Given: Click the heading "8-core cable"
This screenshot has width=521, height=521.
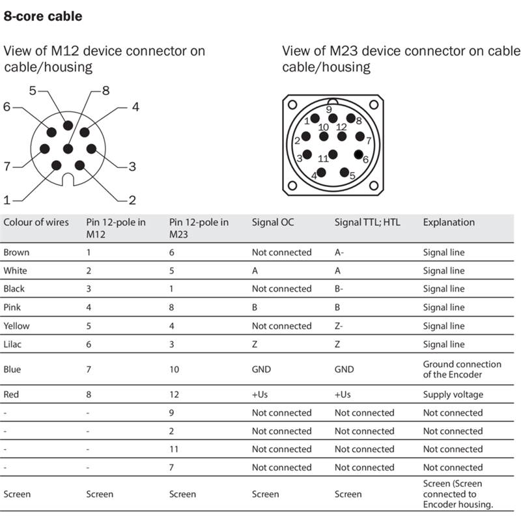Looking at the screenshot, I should coord(43,16).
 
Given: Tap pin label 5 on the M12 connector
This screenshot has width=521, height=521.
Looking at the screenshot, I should coord(33,91).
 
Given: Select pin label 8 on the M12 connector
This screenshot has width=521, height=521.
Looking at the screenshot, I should coord(106,91).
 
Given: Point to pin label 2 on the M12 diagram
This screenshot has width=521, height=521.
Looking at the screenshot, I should coord(132,200).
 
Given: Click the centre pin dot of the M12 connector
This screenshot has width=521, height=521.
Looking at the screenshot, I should coord(68,149).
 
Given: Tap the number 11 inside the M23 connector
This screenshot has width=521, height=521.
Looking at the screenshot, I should coord(323,158).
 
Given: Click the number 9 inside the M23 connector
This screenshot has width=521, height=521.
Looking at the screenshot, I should coord(329,109).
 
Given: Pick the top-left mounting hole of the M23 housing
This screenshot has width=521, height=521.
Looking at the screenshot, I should coord(292,104).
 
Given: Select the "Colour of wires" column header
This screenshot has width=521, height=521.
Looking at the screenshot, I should coord(36,222).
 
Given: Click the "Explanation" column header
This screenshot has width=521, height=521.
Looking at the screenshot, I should coord(449,222).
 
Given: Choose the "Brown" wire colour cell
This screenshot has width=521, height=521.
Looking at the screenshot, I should coord(16,252).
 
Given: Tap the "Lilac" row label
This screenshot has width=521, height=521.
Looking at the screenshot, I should coord(15,344).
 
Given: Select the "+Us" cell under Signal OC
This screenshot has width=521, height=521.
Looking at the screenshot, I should coord(260,394).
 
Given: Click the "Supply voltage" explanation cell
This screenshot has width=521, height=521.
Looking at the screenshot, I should coord(454,394).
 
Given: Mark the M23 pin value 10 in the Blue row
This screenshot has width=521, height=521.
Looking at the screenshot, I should coord(175,369).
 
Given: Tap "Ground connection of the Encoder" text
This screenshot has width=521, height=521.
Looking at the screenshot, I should coord(462,369).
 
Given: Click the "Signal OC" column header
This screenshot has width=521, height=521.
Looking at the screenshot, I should coord(273,222).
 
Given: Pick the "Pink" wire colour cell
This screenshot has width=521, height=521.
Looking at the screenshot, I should coord(13,307).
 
